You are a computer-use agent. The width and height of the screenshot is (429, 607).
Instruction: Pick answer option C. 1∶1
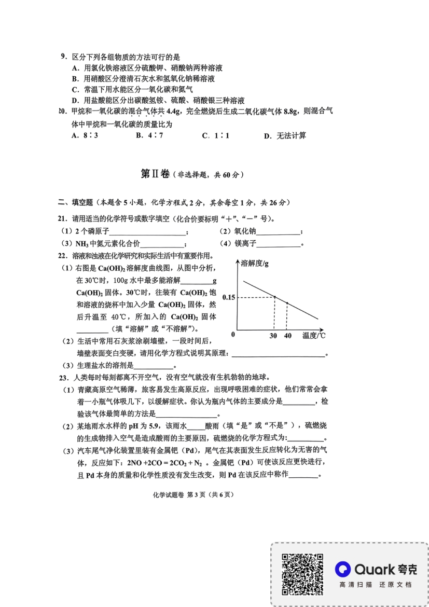216,136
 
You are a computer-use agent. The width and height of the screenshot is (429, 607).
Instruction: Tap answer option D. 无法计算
285,136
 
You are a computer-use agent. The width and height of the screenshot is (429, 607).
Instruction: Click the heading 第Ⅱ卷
155,174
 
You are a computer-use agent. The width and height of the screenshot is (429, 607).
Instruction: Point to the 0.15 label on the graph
229,297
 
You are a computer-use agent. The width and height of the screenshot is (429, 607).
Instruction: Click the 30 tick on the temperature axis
274,336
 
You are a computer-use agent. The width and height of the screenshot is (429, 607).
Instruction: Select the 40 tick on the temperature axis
288,336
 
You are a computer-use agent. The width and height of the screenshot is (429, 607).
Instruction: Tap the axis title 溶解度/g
255,264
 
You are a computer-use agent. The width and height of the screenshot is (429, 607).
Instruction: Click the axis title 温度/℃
314,336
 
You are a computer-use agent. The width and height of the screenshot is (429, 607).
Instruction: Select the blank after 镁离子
279,244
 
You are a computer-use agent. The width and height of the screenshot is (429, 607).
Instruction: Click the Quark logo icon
342,569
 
